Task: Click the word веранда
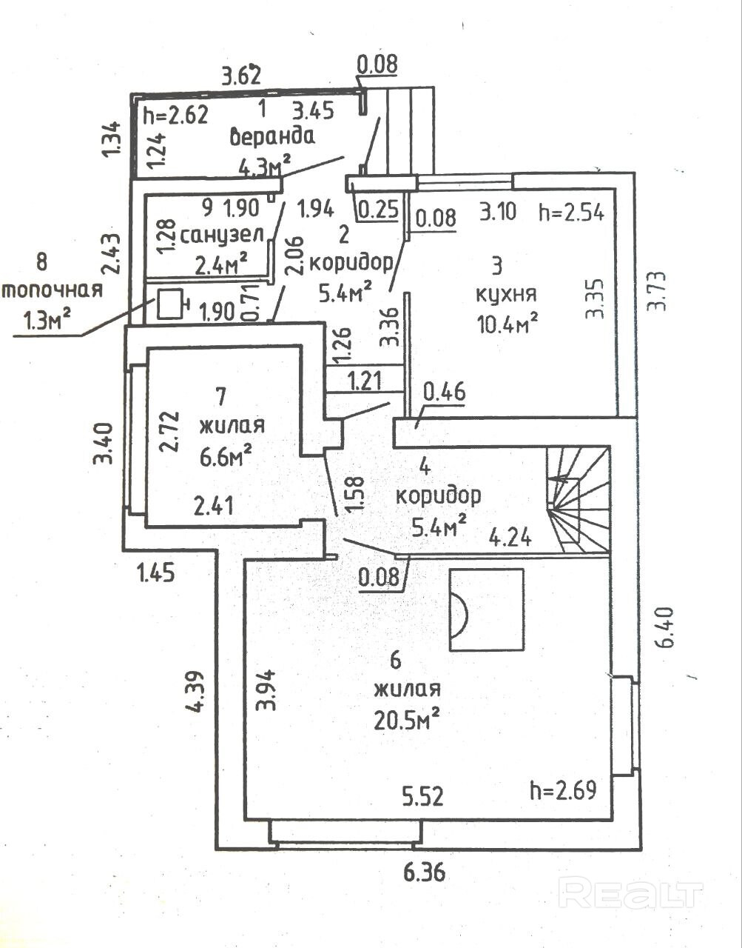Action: (272, 136)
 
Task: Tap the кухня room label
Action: (506, 294)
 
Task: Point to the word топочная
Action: (51, 289)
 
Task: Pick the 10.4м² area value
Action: (507, 322)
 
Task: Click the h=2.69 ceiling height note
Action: (563, 790)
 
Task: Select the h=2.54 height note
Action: (572, 213)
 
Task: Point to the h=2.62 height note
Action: (175, 114)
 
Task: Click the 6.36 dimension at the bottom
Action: (425, 874)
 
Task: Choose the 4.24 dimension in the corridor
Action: (510, 537)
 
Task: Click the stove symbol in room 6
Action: (487, 610)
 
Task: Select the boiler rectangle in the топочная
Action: (170, 304)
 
